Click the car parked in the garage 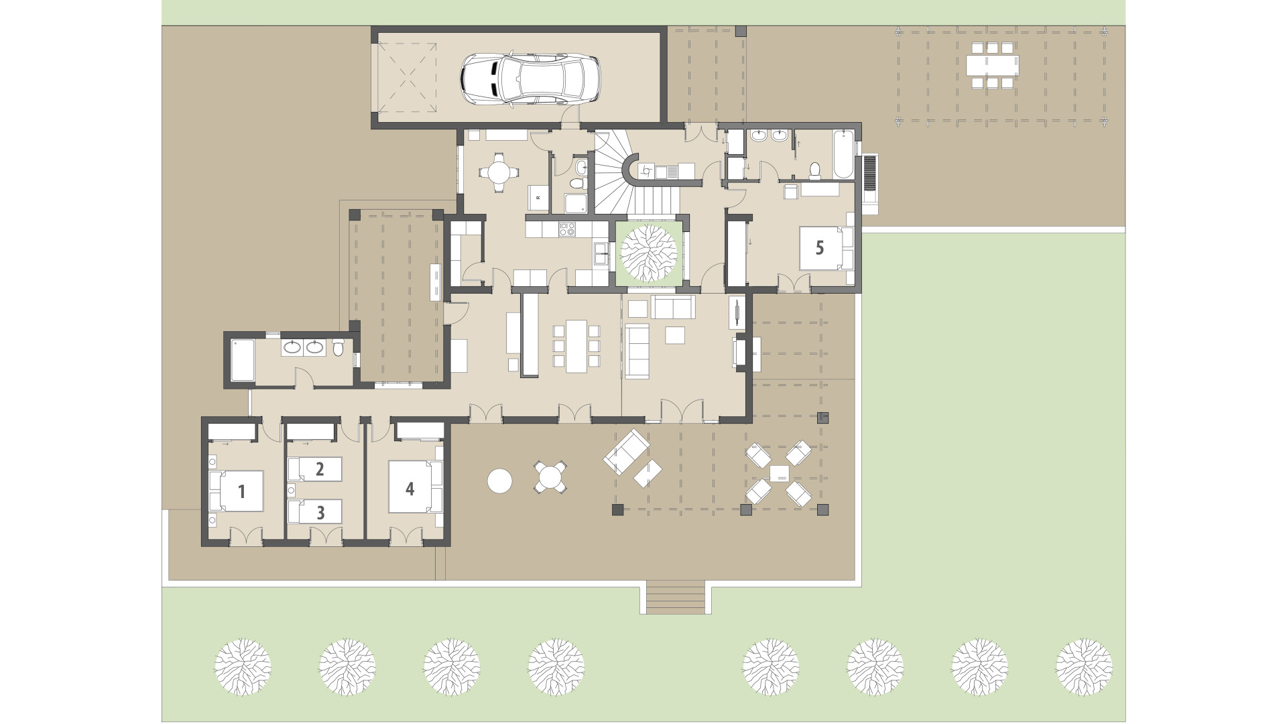click(x=530, y=79)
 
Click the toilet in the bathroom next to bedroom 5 click(x=815, y=170)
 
